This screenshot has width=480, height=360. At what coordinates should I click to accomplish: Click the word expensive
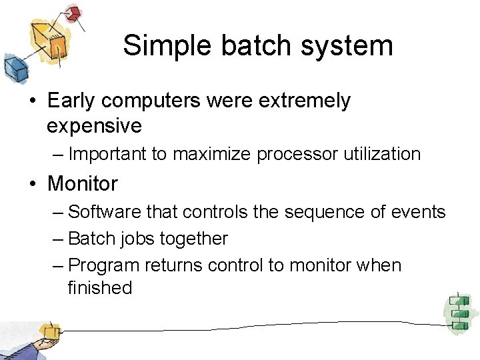pos(94,125)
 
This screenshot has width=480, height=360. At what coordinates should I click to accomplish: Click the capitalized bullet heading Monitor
pos(83,183)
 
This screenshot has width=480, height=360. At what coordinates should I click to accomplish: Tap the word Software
pos(105,212)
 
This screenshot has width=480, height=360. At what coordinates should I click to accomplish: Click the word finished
pos(100,288)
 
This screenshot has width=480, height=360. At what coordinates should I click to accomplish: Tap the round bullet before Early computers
pos(31,101)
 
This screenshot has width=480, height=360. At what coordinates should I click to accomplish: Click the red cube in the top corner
pos(74,13)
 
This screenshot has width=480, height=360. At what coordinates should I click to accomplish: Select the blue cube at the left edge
pos(15,67)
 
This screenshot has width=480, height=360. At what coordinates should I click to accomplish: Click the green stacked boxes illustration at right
pos(459,313)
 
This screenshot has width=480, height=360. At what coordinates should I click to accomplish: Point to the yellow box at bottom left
pos(49,331)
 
